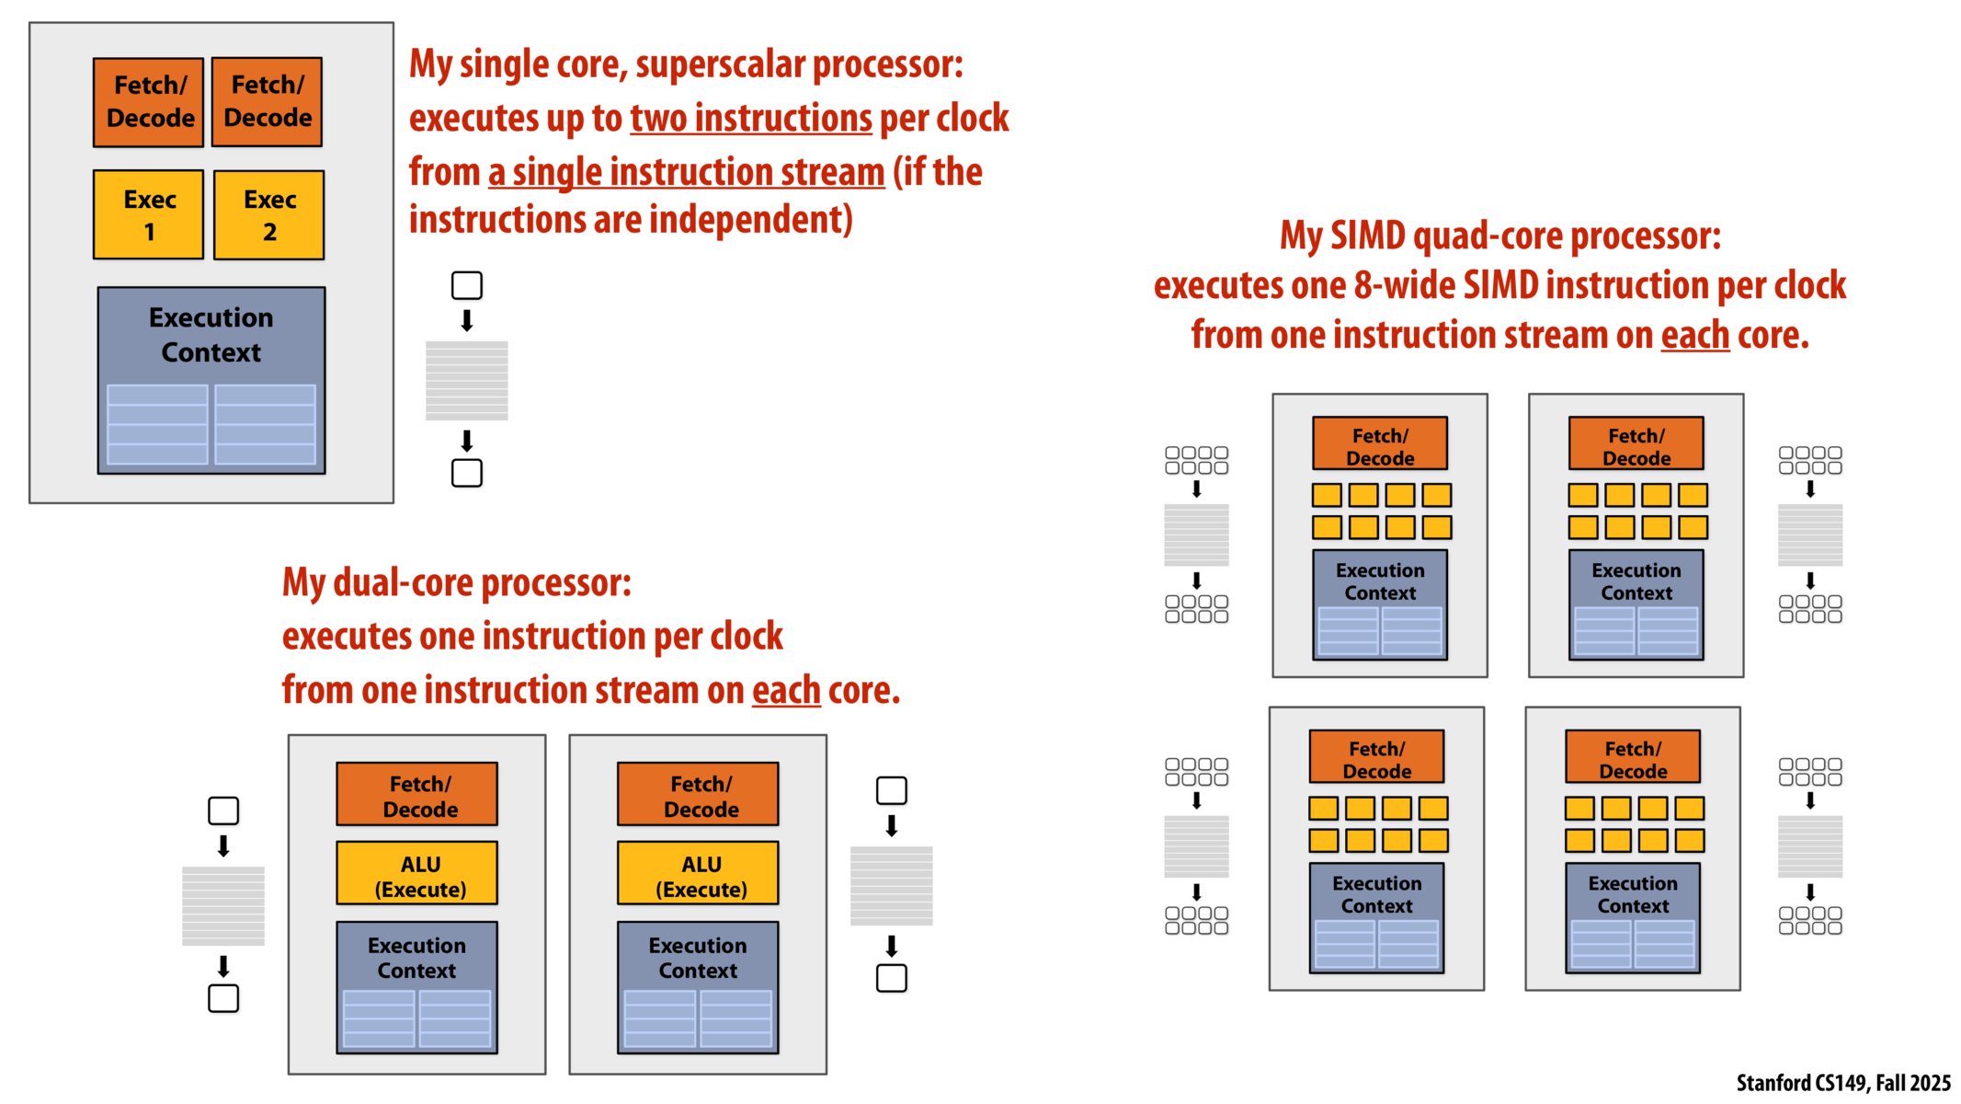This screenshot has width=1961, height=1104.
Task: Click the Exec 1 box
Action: click(148, 214)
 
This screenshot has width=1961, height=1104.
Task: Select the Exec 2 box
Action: click(268, 214)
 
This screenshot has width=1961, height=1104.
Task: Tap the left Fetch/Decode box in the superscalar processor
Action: click(148, 102)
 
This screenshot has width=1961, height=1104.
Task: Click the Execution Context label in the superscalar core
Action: click(211, 335)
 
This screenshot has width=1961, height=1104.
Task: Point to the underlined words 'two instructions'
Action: click(750, 119)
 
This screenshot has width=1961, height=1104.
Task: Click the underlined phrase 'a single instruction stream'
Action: click(686, 172)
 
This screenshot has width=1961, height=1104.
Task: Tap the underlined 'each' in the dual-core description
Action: click(786, 690)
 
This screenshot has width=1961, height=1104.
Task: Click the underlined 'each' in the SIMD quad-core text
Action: click(1694, 335)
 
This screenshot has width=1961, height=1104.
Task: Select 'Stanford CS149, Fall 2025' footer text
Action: click(1842, 1083)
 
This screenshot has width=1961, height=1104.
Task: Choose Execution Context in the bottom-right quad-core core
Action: click(1633, 894)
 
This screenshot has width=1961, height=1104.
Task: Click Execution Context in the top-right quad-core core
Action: click(1636, 581)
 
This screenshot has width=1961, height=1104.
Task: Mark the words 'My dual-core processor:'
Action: click(456, 582)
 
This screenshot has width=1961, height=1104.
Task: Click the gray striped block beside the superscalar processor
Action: click(466, 380)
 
